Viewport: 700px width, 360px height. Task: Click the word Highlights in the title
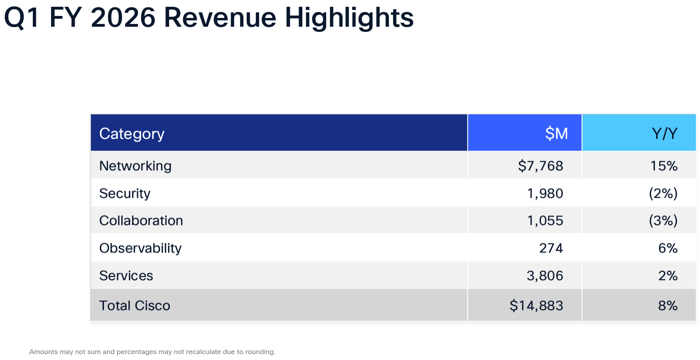click(349, 18)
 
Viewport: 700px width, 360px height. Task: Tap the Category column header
click(132, 134)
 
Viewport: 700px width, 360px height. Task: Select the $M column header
click(556, 133)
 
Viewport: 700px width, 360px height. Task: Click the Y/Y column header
click(664, 133)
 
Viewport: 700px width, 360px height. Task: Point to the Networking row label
click(135, 166)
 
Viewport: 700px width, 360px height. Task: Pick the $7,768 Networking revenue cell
click(540, 166)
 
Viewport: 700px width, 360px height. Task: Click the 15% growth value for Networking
click(664, 166)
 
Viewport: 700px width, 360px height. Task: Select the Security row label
click(125, 193)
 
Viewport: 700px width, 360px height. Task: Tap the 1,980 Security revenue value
click(545, 193)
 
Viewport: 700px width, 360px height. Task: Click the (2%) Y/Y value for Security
click(663, 193)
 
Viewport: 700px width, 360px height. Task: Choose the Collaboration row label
click(141, 221)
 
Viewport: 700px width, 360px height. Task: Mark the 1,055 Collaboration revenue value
click(545, 221)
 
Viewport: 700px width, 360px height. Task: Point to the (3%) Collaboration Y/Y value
click(663, 221)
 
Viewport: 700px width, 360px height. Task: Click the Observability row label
click(140, 248)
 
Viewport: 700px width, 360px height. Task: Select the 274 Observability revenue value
click(551, 248)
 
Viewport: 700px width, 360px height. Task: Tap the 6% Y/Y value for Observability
click(668, 248)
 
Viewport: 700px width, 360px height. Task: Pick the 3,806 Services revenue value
click(544, 276)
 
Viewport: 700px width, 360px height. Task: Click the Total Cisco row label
click(134, 306)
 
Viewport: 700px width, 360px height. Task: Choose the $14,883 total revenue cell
click(536, 306)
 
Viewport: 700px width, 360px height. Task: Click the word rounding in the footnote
click(260, 352)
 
